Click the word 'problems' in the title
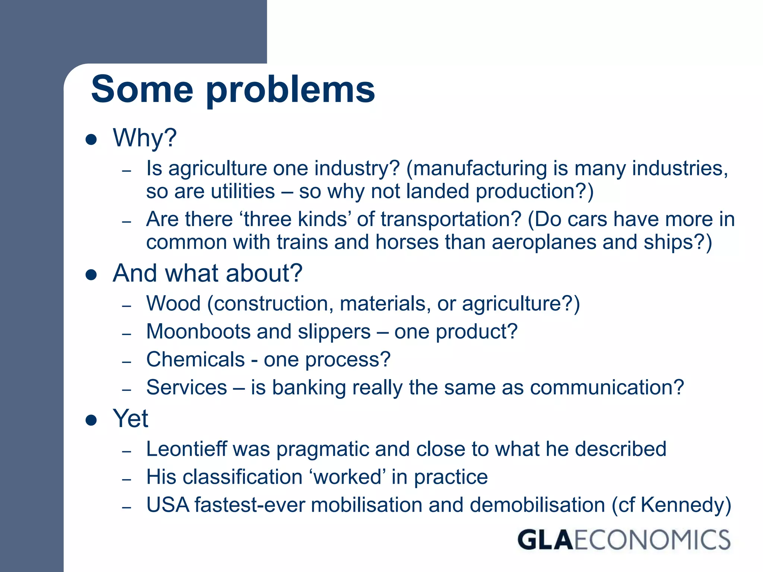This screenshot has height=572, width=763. click(290, 90)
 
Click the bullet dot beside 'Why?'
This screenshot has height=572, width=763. click(91, 140)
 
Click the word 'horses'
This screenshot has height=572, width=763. click(407, 242)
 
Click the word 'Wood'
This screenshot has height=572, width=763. click(173, 304)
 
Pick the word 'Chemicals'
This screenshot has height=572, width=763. click(195, 359)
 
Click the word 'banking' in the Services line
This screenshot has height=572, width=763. click(309, 388)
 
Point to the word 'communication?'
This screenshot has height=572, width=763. click(607, 388)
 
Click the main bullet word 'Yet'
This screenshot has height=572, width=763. click(130, 419)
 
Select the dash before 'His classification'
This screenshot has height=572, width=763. click(127, 479)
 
